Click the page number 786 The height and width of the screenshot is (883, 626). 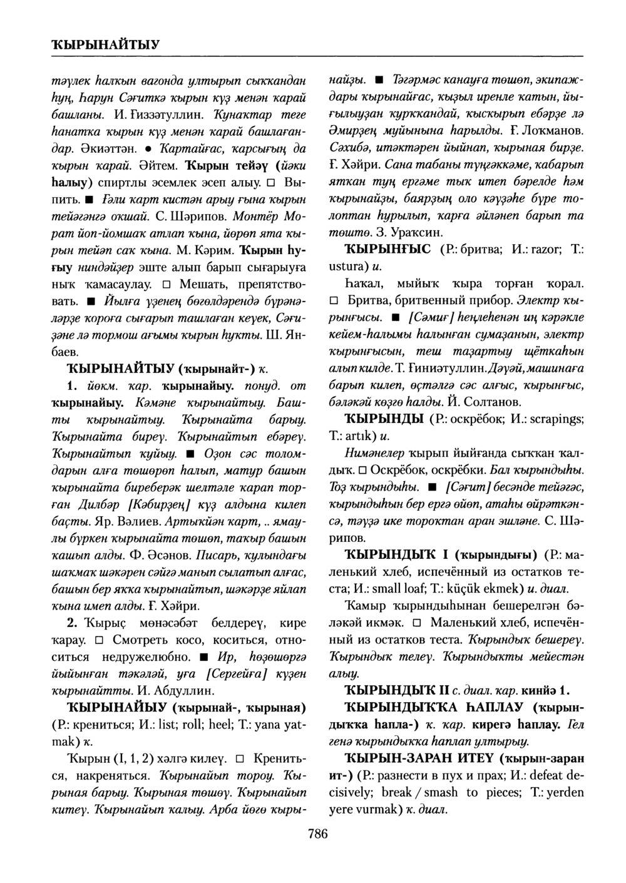(x=318, y=833)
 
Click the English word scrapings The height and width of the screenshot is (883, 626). (x=556, y=419)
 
